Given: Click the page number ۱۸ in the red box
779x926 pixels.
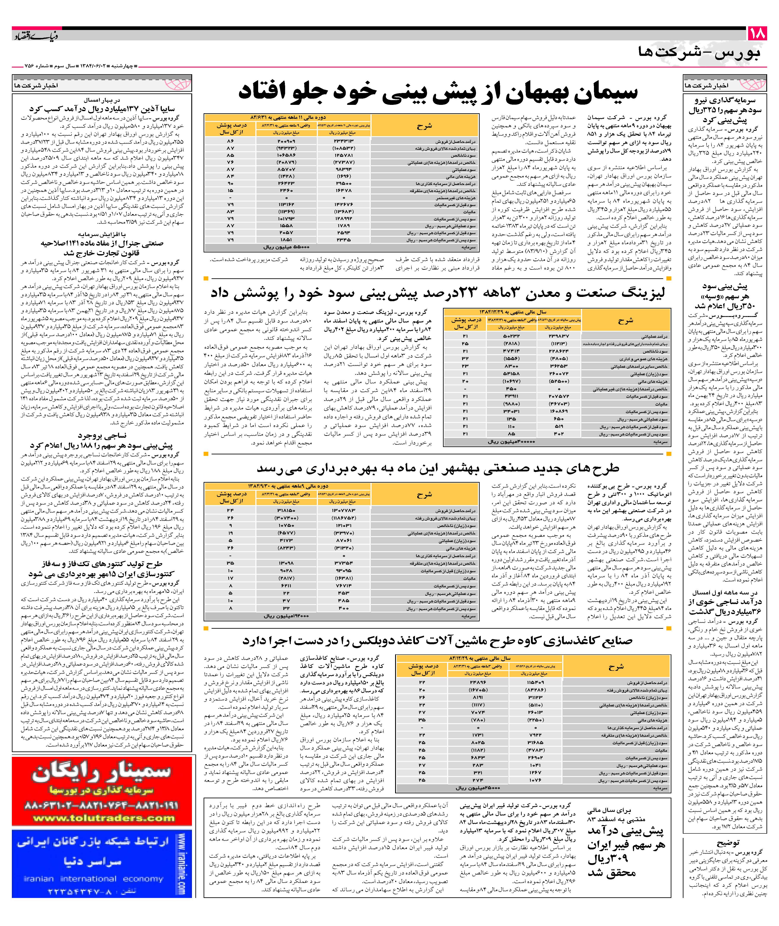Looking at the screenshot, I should click(758, 34).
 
